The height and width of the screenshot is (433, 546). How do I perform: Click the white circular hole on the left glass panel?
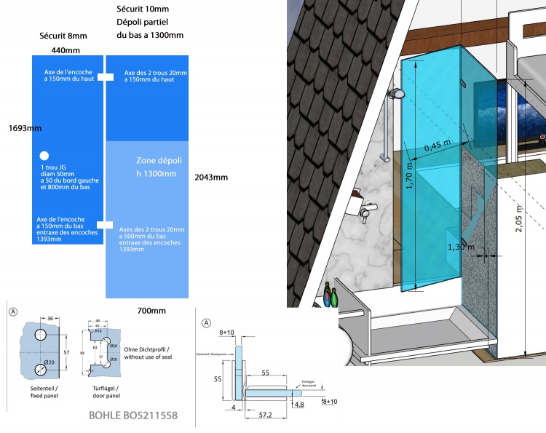(44, 156)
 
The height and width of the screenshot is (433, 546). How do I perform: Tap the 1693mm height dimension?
(25, 128)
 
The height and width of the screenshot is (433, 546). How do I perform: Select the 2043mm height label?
(212, 177)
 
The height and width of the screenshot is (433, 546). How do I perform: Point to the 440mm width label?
(66, 50)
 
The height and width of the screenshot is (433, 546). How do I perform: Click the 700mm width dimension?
(151, 311)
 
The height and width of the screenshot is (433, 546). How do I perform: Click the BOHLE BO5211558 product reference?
(132, 417)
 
